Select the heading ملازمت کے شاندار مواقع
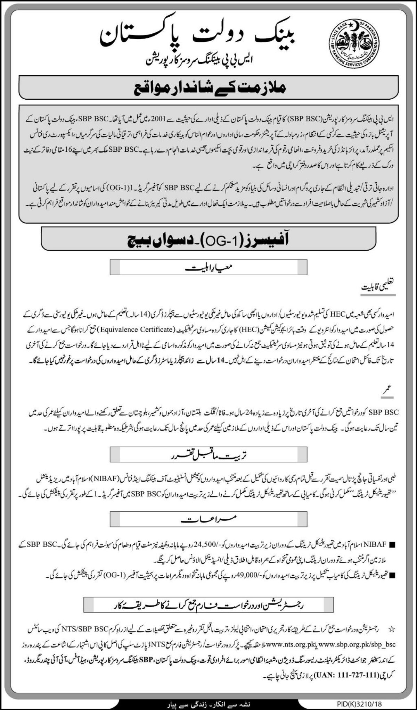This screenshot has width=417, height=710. (208, 90)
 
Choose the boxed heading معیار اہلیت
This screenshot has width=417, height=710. (208, 267)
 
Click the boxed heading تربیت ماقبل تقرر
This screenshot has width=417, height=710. (208, 455)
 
